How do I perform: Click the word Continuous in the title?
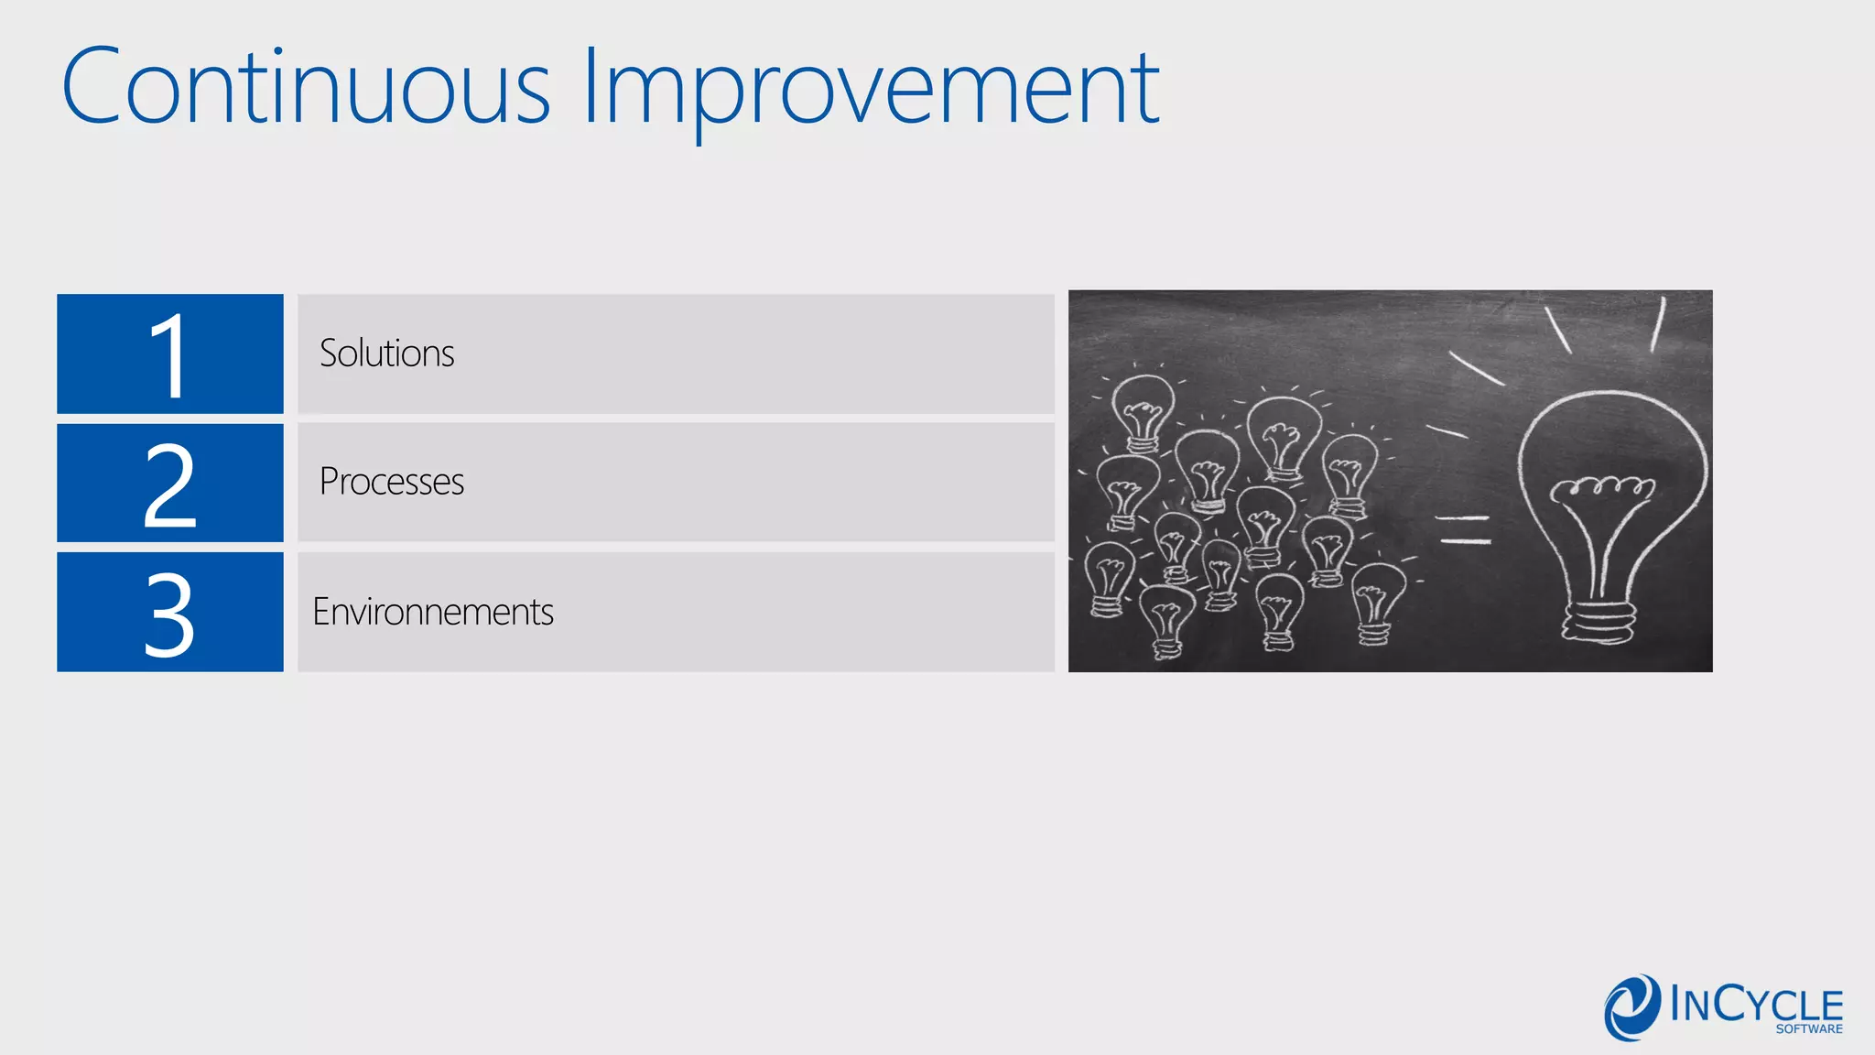[307, 87]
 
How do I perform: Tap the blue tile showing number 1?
[170, 353]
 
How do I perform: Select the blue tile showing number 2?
[170, 483]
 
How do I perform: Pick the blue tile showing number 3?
[170, 612]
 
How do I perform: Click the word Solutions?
[386, 353]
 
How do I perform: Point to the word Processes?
[392, 482]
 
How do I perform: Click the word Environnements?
[433, 612]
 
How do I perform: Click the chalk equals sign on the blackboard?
[1464, 529]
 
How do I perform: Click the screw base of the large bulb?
[1599, 623]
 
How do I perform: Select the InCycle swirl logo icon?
[1631, 1007]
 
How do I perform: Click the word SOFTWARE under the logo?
[1809, 1029]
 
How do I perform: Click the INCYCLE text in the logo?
[1755, 1005]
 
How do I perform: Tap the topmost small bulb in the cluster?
[1143, 412]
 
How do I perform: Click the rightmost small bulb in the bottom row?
[1376, 600]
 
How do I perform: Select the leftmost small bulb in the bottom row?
[1109, 577]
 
